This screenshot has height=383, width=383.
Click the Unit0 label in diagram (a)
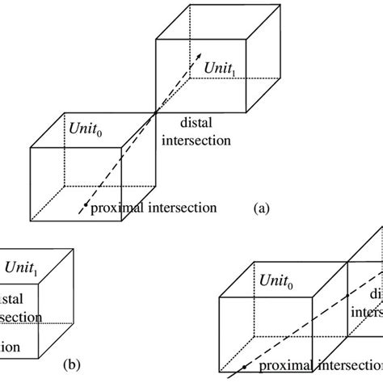point(82,128)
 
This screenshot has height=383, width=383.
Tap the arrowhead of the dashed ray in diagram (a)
point(196,55)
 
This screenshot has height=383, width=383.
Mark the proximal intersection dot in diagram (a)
point(83,207)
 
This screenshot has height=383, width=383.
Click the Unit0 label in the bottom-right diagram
point(276,280)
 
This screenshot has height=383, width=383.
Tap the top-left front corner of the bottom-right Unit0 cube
point(221,297)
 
